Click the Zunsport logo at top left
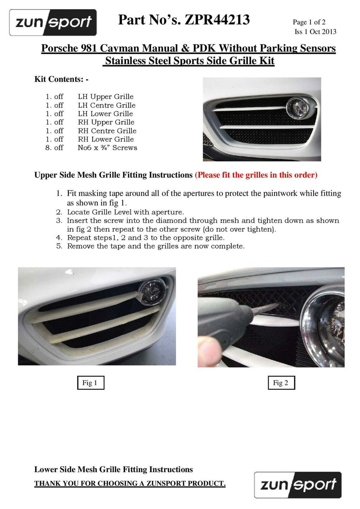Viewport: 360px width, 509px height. tap(53, 22)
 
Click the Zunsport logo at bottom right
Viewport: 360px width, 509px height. tap(298, 485)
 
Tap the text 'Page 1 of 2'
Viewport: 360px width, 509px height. tap(309, 22)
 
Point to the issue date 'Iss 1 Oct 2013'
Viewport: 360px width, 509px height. tap(315, 31)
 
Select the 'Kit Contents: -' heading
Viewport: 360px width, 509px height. tap(62, 79)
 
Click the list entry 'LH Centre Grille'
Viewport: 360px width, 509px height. tap(106, 105)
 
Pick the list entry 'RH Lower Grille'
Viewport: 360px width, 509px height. tap(106, 139)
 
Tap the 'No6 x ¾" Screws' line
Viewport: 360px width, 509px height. tap(108, 147)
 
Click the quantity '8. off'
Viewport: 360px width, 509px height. tap(54, 147)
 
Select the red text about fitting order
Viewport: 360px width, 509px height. tap(256, 175)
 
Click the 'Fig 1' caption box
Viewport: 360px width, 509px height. tap(90, 383)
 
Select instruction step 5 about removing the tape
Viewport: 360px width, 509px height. tap(155, 246)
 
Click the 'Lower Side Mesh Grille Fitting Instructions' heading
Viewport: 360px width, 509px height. tap(113, 469)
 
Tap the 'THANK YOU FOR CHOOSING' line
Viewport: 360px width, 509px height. tap(130, 484)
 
